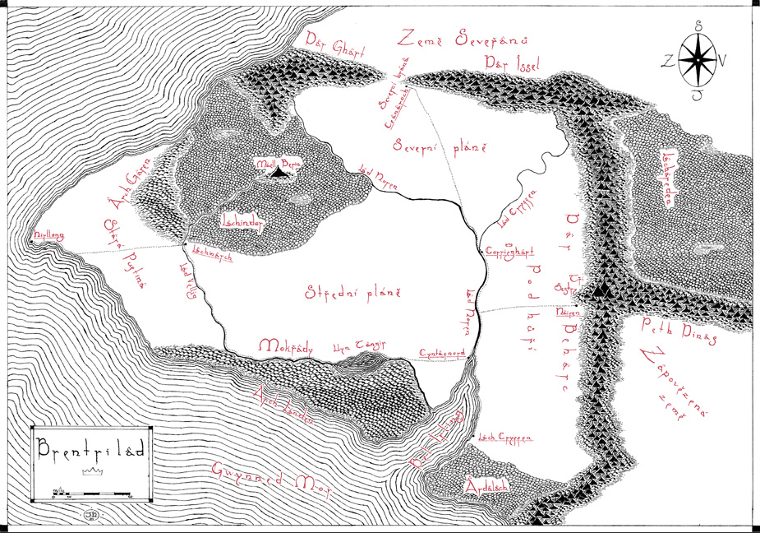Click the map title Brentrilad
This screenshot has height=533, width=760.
click(90, 451)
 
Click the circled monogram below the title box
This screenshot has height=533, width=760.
click(87, 515)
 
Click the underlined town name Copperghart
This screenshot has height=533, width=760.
click(510, 251)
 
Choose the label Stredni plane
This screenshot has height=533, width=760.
click(352, 292)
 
